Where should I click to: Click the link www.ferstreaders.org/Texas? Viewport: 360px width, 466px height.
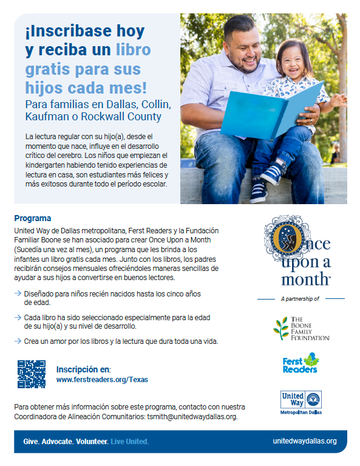[x=102, y=379]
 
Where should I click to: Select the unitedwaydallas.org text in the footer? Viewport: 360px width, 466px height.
[x=305, y=441]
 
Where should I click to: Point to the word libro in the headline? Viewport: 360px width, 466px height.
[x=132, y=49]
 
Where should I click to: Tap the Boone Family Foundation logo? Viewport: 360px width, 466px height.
[x=301, y=329]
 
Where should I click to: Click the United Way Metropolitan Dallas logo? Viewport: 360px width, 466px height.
[x=301, y=402]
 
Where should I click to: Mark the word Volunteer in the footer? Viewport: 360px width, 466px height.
[x=92, y=441]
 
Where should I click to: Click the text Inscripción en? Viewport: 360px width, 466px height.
[x=83, y=369]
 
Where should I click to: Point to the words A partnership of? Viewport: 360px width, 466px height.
[x=301, y=298]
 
